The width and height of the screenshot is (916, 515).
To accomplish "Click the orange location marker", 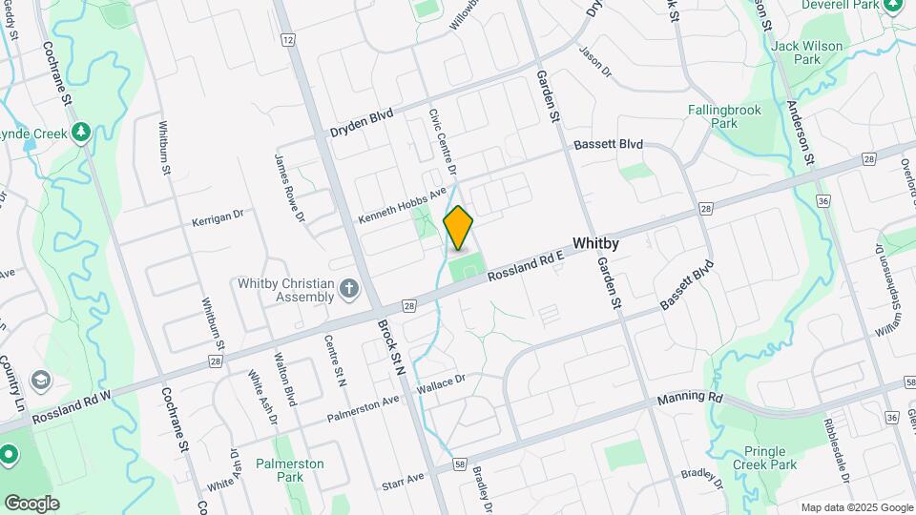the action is (x=458, y=227).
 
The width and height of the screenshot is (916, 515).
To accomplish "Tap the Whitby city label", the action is (x=595, y=244).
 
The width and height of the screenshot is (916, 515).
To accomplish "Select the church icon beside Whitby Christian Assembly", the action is (x=350, y=287).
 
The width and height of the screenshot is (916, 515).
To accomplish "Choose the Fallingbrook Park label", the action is (x=725, y=116).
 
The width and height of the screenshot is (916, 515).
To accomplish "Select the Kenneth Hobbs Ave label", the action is (x=402, y=206).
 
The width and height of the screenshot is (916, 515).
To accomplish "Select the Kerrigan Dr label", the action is (x=218, y=217).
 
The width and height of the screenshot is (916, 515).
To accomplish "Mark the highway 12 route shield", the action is (x=287, y=39).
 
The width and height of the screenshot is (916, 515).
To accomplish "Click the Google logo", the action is (x=32, y=503).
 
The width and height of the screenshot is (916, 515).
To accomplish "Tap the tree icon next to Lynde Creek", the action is (x=82, y=131).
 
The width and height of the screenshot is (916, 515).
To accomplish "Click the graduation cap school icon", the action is (x=41, y=381).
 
